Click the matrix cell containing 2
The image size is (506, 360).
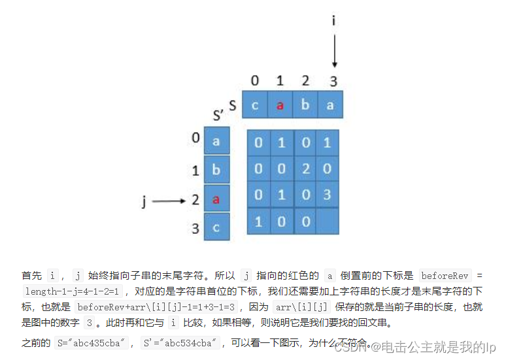pos(306,169)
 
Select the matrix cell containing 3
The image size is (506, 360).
pos(328,194)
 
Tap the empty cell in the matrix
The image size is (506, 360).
pos(328,221)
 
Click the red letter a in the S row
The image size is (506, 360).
pos(280,105)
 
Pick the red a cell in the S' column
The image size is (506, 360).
pos(216,199)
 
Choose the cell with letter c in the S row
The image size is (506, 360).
pos(255,105)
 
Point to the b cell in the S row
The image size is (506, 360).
pos(305,105)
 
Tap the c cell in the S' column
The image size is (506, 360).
pos(216,227)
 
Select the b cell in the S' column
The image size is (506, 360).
pos(216,171)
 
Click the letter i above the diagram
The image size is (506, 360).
pos(334,21)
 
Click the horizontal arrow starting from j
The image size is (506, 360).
pos(169,201)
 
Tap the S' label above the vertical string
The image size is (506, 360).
pos(219,116)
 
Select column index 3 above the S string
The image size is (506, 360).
pos(333,82)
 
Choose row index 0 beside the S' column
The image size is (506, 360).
pos(195,139)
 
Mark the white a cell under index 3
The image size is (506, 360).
pos(330,105)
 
